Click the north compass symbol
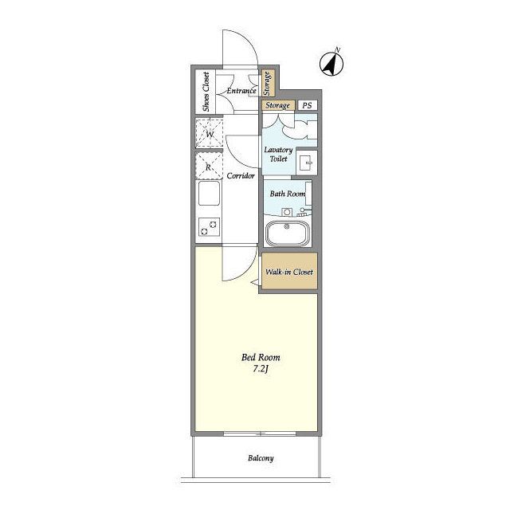point(331,65)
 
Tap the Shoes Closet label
point(206,92)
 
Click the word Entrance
point(241,91)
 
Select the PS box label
point(307,105)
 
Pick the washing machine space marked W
point(209,134)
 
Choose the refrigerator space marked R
point(209,167)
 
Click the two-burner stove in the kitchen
point(209,226)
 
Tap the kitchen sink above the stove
point(209,193)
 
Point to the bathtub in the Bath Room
point(287,233)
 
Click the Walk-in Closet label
point(289,272)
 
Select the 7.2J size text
point(261,369)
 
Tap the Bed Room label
point(261,358)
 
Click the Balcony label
point(261,458)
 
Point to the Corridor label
point(241,176)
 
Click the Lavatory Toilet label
point(278,154)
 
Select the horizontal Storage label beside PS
point(277,105)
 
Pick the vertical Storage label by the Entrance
point(267,84)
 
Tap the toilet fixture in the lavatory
point(307,161)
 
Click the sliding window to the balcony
point(260,433)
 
